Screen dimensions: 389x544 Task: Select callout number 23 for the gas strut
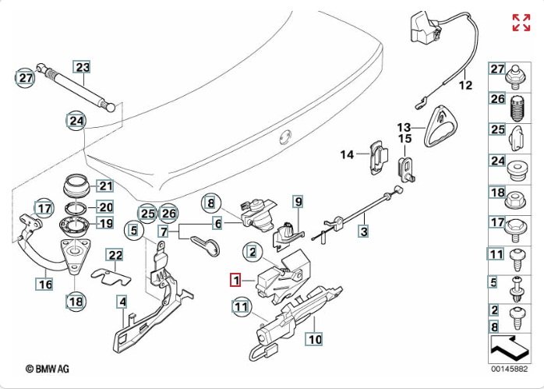(x=82, y=67)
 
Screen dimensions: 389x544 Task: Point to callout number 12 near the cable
(x=465, y=86)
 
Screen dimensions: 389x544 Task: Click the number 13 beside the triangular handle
(x=403, y=126)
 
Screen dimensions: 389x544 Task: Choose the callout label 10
(x=314, y=339)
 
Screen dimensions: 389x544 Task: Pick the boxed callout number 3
(x=363, y=231)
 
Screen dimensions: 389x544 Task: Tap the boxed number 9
(x=297, y=202)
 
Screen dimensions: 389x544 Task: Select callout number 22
(x=115, y=255)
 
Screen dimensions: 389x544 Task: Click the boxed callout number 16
(x=45, y=285)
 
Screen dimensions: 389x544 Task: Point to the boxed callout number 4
(x=122, y=301)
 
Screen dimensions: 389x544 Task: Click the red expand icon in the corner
(x=521, y=23)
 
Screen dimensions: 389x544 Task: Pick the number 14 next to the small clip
(x=347, y=154)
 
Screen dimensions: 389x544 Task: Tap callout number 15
(x=404, y=139)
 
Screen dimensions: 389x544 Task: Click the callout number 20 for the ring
(x=105, y=207)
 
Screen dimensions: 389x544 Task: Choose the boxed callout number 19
(x=105, y=223)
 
